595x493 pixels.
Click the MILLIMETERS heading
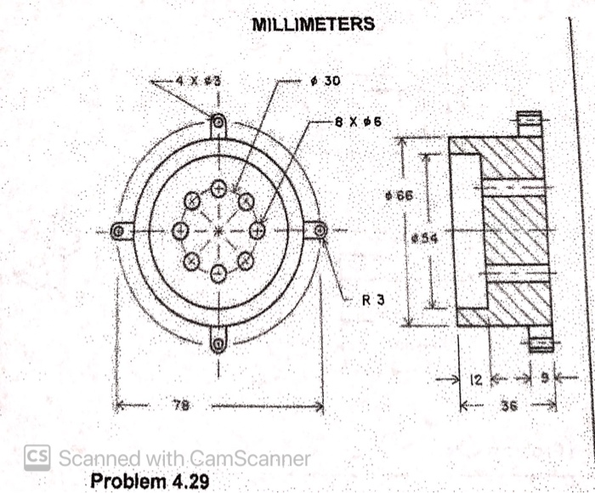pyautogui.click(x=313, y=24)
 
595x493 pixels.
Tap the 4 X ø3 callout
pyautogui.click(x=198, y=81)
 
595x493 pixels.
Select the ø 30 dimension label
pyautogui.click(x=325, y=81)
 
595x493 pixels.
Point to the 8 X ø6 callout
pyautogui.click(x=358, y=122)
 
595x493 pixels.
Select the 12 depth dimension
pyautogui.click(x=477, y=379)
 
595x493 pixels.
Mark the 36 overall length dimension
pyautogui.click(x=508, y=406)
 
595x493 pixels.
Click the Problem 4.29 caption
pyautogui.click(x=149, y=481)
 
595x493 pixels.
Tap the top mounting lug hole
pyautogui.click(x=218, y=122)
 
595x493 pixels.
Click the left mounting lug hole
pyautogui.click(x=120, y=230)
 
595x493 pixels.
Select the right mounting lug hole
pyautogui.click(x=320, y=229)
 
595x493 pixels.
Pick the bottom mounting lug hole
pyautogui.click(x=218, y=343)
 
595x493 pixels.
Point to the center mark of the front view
pyautogui.click(x=218, y=230)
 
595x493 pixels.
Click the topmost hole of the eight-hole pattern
pyautogui.click(x=218, y=189)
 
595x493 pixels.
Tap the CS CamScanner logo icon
pyautogui.click(x=37, y=457)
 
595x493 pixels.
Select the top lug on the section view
pyautogui.click(x=530, y=123)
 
